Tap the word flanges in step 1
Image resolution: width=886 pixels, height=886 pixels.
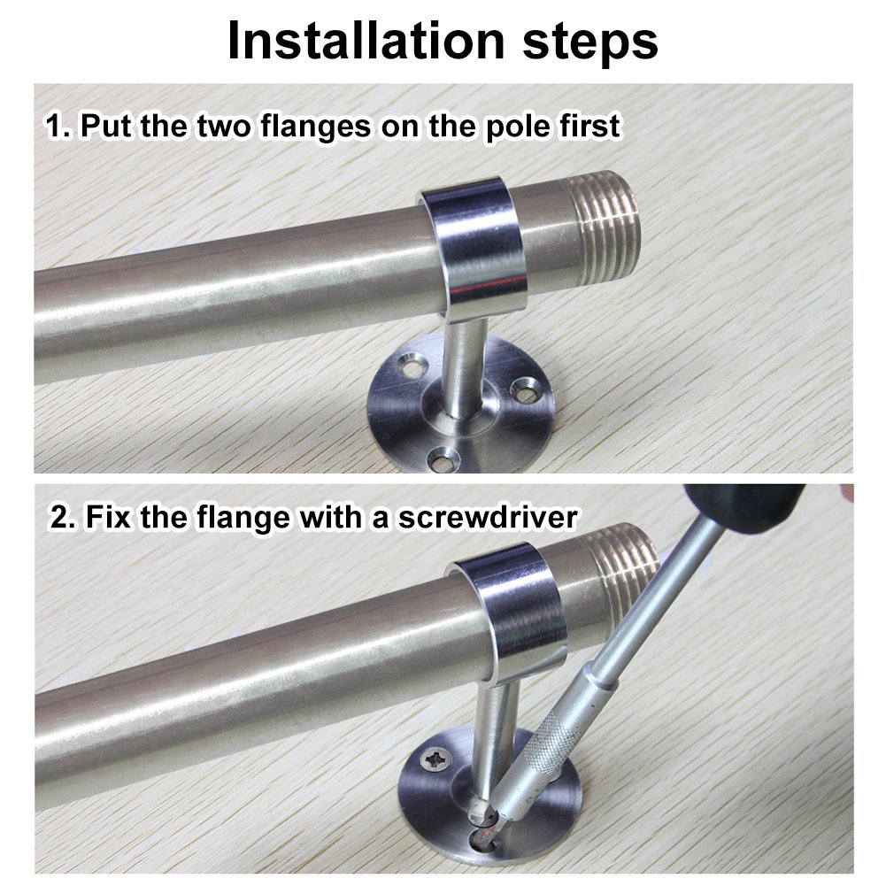(x=315, y=126)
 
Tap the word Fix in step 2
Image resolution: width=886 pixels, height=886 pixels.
(x=109, y=516)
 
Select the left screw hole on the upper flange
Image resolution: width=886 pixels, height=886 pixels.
(x=409, y=364)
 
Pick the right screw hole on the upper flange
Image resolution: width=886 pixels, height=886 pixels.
(x=526, y=387)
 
